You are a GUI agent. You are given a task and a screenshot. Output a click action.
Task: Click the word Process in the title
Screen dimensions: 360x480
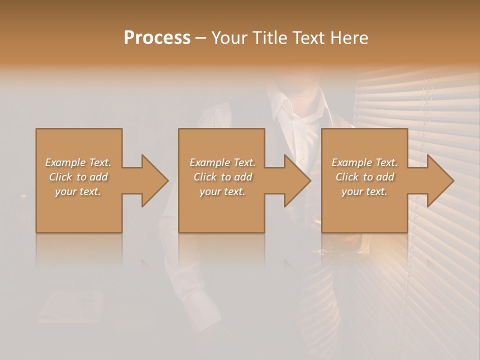pyautogui.click(x=157, y=37)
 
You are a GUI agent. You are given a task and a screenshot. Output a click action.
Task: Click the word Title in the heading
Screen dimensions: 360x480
pyautogui.click(x=267, y=37)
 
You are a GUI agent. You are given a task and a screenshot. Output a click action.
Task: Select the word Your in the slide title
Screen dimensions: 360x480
pyautogui.click(x=230, y=37)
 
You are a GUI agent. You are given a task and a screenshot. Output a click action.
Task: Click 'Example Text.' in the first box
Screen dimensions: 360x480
pyautogui.click(x=78, y=162)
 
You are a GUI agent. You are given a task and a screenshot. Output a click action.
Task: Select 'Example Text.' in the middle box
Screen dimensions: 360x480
pyautogui.click(x=222, y=162)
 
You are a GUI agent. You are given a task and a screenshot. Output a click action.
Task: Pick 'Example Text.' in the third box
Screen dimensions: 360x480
pyautogui.click(x=364, y=162)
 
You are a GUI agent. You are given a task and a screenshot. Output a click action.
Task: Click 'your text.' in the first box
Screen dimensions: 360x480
pyautogui.click(x=78, y=191)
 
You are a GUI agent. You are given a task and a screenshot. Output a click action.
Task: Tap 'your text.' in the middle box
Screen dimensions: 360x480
pyautogui.click(x=222, y=191)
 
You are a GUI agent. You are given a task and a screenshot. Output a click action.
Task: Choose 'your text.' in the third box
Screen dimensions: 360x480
pyautogui.click(x=364, y=191)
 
